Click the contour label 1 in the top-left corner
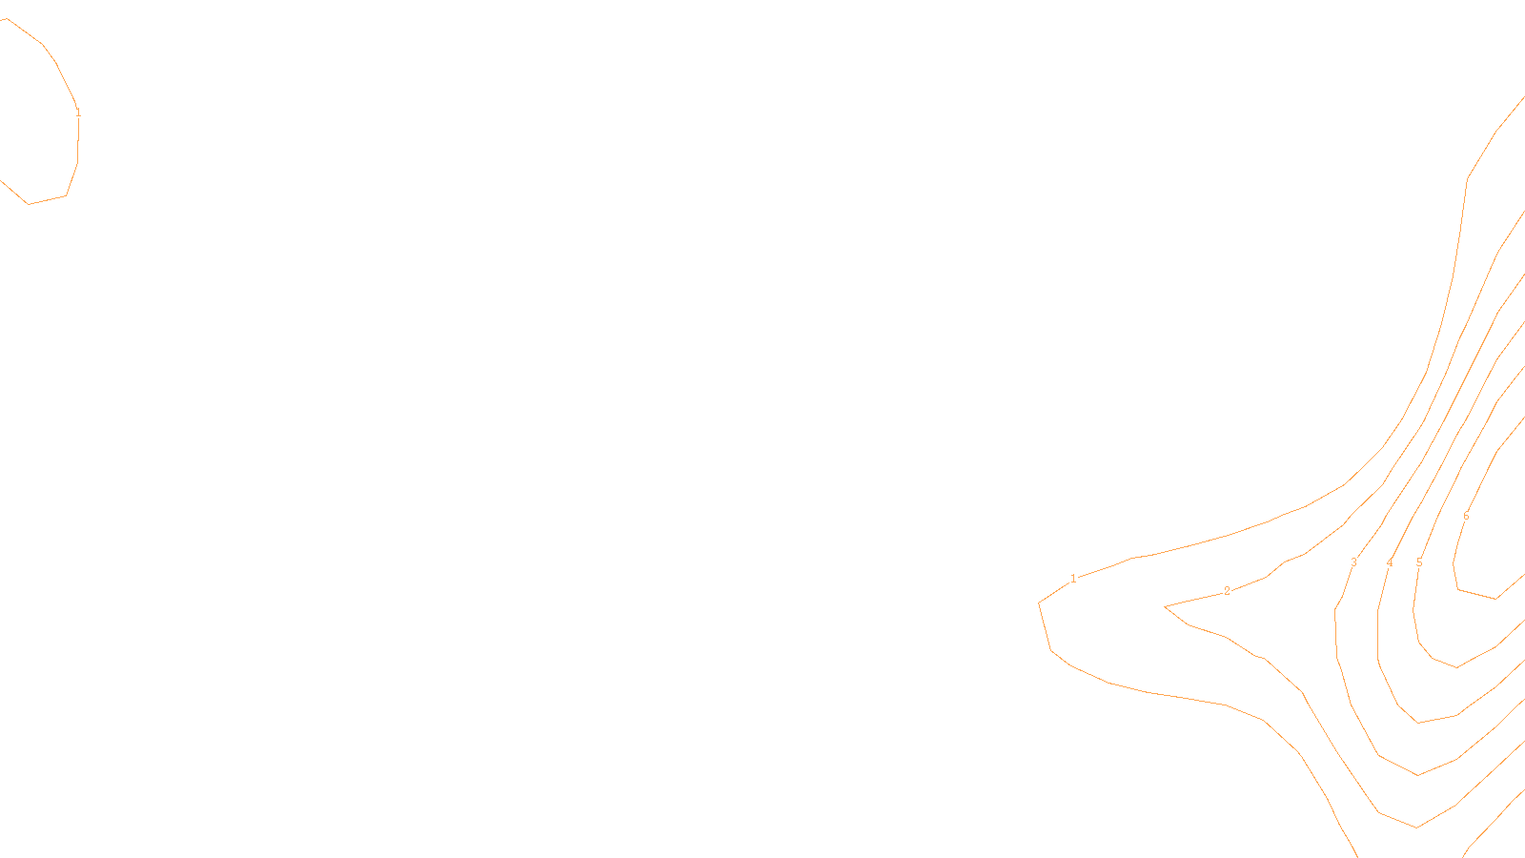[x=78, y=112]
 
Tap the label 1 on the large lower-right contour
[x=1073, y=579]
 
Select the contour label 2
[x=1227, y=591]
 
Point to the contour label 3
[x=1353, y=562]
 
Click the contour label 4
[x=1390, y=563]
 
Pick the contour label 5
[x=1419, y=563]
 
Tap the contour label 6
[x=1466, y=517]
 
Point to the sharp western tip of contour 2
[x=1166, y=606]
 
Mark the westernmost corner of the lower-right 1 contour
[x=1039, y=603]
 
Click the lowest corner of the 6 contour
[x=1496, y=599]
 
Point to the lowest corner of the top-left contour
[x=29, y=204]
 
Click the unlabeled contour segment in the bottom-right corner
[x=1492, y=820]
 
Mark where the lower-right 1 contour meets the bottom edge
[x=1356, y=855]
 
